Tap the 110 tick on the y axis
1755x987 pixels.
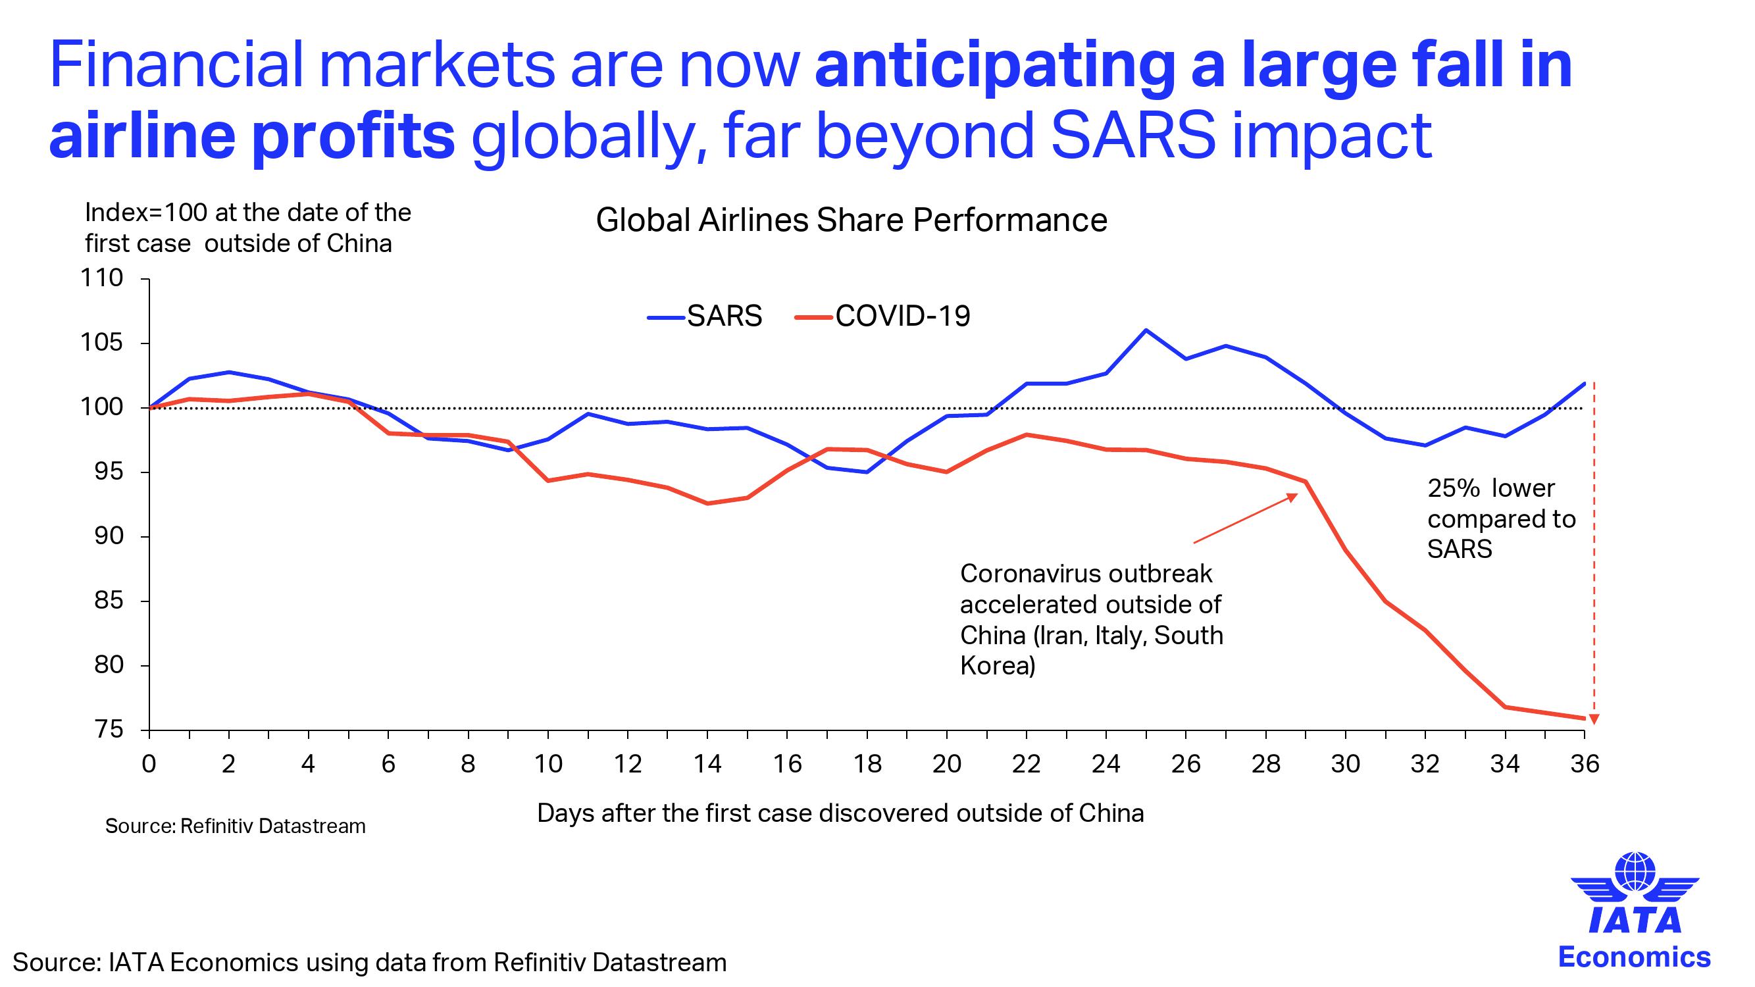pyautogui.click(x=102, y=278)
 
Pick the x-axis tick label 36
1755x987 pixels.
pyautogui.click(x=1584, y=764)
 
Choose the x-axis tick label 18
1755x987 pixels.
pyautogui.click(x=867, y=764)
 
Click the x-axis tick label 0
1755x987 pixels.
pyautogui.click(x=149, y=764)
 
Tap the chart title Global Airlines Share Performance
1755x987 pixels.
pyautogui.click(x=851, y=220)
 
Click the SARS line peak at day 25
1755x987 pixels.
pyautogui.click(x=1146, y=330)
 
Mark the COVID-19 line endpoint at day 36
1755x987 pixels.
pyautogui.click(x=1584, y=719)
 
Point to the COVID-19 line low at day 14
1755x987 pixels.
pyautogui.click(x=707, y=503)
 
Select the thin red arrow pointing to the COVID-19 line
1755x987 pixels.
pyautogui.click(x=1246, y=519)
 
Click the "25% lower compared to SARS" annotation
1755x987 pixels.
pyautogui.click(x=1501, y=519)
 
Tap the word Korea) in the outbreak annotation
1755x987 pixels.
pyautogui.click(x=998, y=665)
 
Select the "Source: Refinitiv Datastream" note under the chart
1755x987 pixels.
pyautogui.click(x=235, y=826)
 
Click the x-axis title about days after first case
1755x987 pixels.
pyautogui.click(x=840, y=813)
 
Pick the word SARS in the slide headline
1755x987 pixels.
pyautogui.click(x=1132, y=135)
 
